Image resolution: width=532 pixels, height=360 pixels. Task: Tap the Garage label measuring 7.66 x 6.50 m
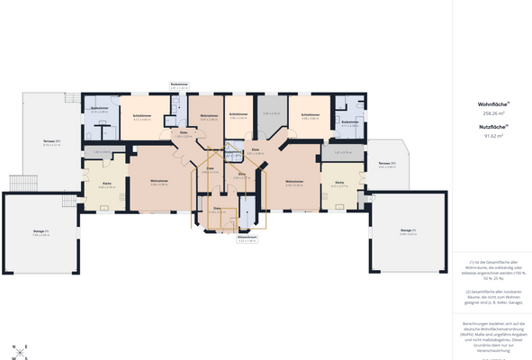[x=41, y=233]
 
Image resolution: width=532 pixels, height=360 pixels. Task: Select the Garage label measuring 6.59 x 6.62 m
[x=407, y=231]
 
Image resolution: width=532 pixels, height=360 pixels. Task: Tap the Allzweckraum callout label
[x=247, y=238]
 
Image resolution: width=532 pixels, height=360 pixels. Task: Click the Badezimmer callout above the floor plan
[x=179, y=85]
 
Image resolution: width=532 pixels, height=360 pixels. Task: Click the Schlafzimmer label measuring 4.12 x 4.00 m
[x=141, y=116]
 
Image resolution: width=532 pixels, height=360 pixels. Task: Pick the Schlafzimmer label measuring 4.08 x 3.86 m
[x=311, y=116]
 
